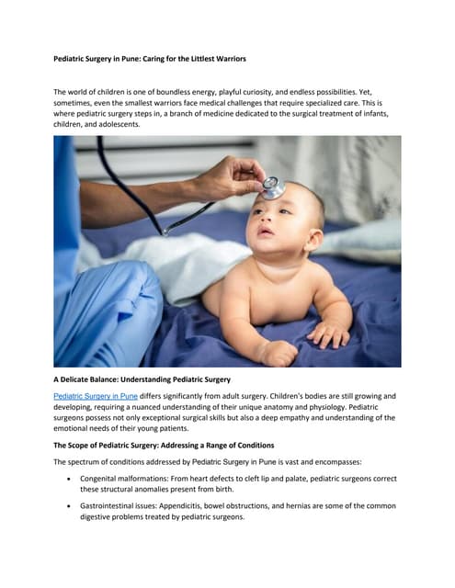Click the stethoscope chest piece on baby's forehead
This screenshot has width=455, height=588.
click(273, 187)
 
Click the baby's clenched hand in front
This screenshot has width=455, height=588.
click(276, 352)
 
